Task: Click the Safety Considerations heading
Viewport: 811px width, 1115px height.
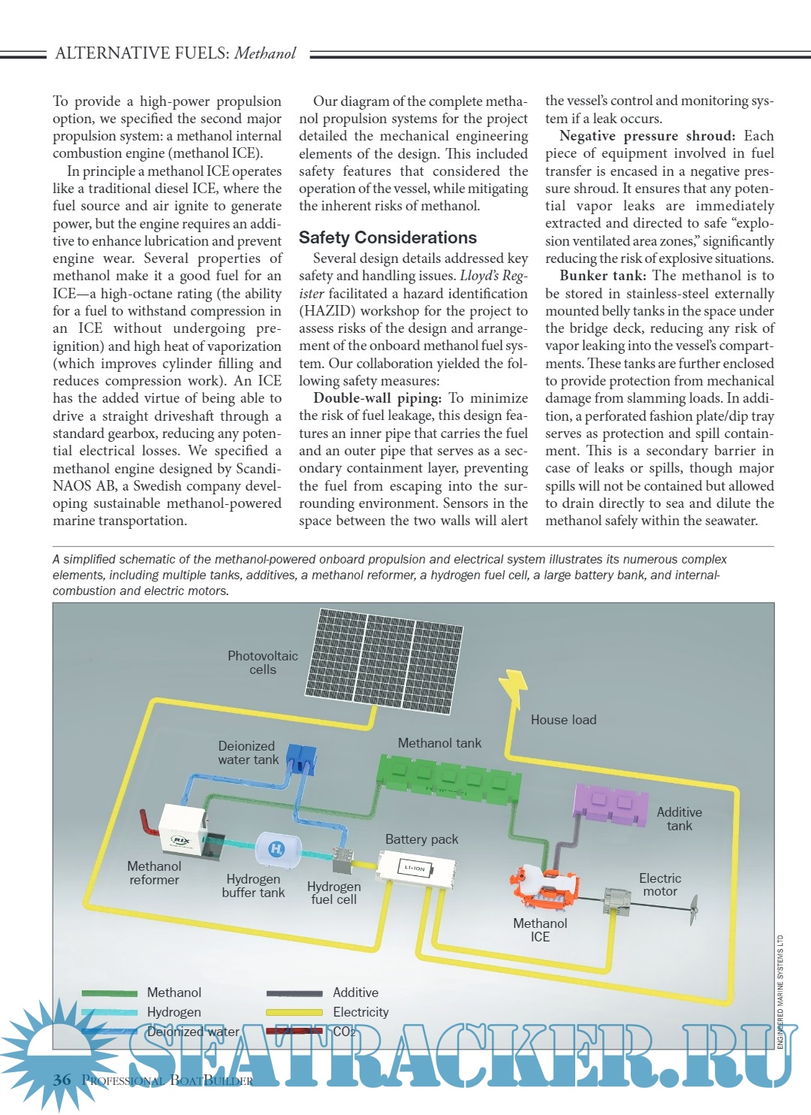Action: [387, 237]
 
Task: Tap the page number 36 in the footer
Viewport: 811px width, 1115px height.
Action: [62, 1080]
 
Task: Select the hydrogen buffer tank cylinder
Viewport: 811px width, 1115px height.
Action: [276, 849]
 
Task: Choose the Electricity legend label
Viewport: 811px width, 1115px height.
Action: [360, 1012]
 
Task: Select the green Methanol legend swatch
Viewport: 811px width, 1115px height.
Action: [109, 993]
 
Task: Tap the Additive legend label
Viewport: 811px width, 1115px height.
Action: [355, 993]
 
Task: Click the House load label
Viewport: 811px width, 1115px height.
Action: [563, 720]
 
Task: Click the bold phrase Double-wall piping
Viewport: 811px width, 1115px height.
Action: [377, 398]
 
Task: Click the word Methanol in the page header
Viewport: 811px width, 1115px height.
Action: [265, 53]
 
